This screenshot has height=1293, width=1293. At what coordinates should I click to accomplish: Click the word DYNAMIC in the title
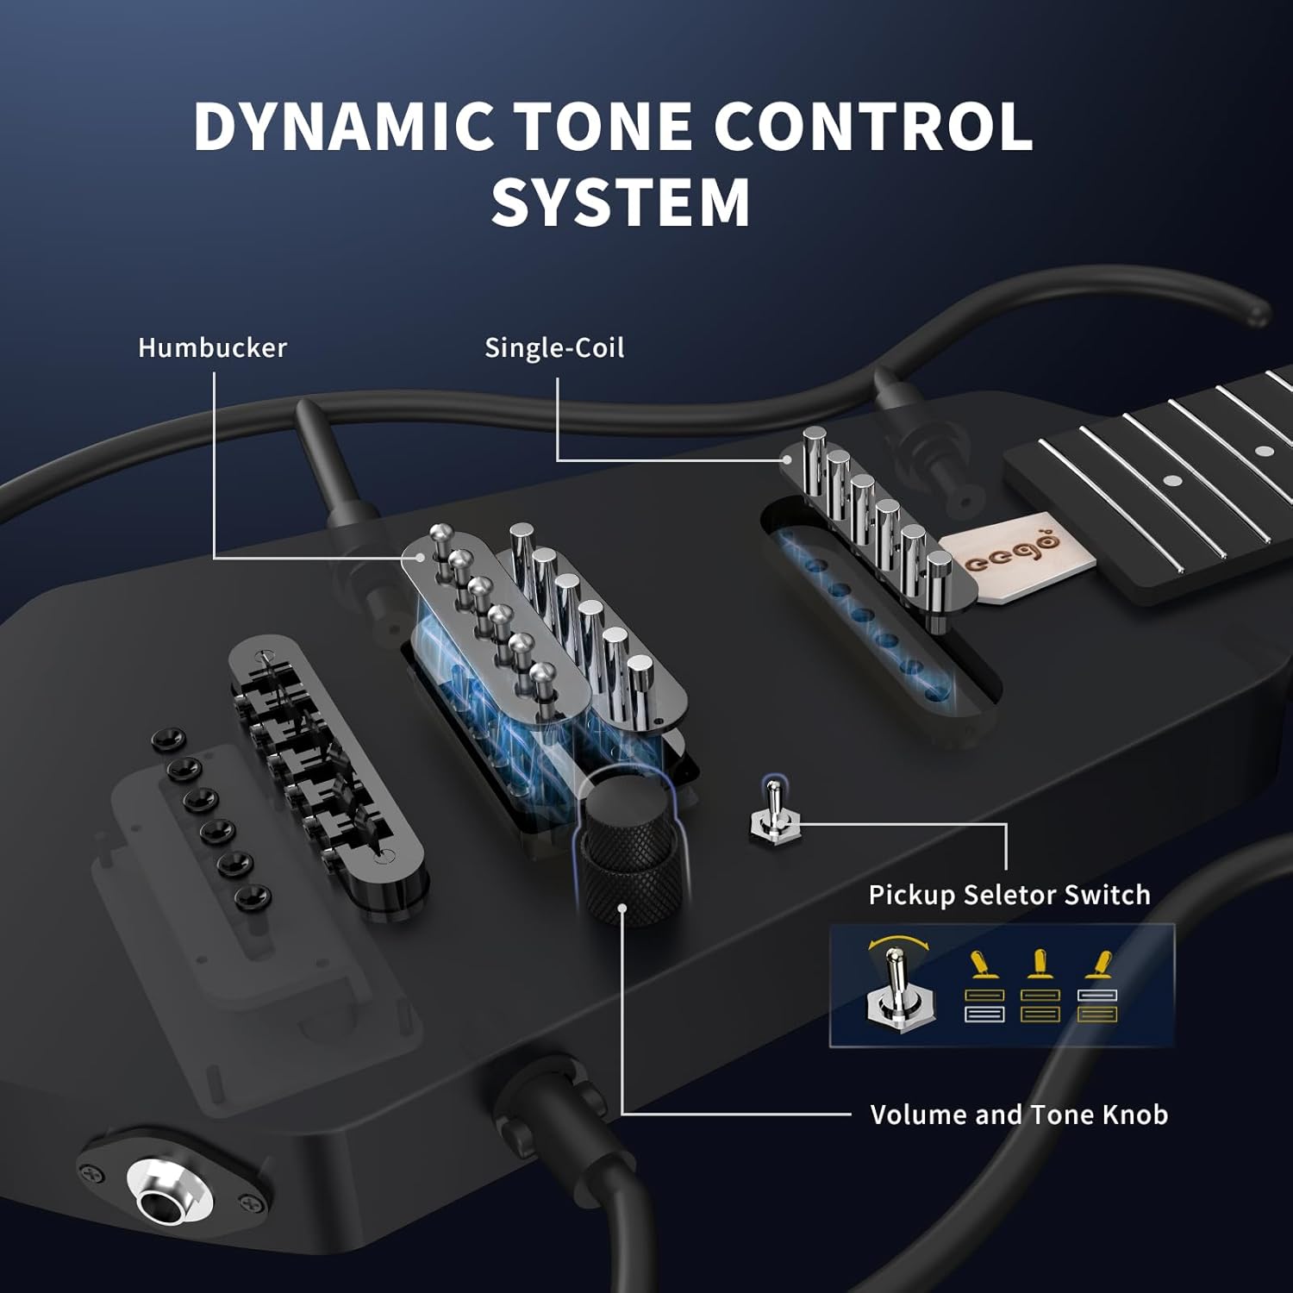(343, 127)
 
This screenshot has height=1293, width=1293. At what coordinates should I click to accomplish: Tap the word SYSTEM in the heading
(621, 203)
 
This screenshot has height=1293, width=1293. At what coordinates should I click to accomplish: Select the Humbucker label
(212, 347)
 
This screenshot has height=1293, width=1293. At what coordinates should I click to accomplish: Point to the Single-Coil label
(553, 347)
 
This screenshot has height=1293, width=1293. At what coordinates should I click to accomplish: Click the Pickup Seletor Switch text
(1009, 895)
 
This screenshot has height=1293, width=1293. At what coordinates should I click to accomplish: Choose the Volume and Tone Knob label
(1018, 1115)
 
